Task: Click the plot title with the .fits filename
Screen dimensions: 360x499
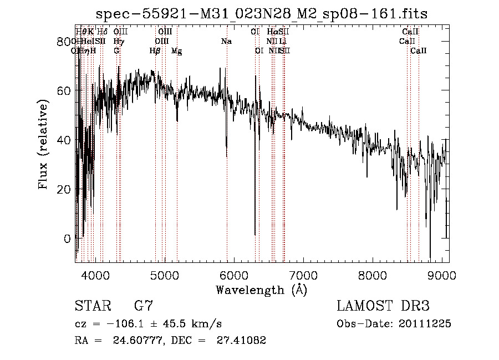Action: coord(262,13)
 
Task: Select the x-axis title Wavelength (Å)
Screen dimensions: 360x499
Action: coord(262,290)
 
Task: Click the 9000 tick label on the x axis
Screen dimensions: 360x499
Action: coord(441,274)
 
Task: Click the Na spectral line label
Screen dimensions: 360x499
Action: coord(226,41)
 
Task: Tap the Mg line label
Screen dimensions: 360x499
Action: coord(176,50)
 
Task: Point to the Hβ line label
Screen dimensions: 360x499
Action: coord(155,50)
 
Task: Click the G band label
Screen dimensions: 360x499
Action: coord(116,50)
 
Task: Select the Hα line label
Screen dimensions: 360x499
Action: coord(272,32)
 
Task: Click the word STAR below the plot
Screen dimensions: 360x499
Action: coord(93,306)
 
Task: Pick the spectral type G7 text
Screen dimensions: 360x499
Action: coord(143,306)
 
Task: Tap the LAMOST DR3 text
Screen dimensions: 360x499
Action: coord(383,306)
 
